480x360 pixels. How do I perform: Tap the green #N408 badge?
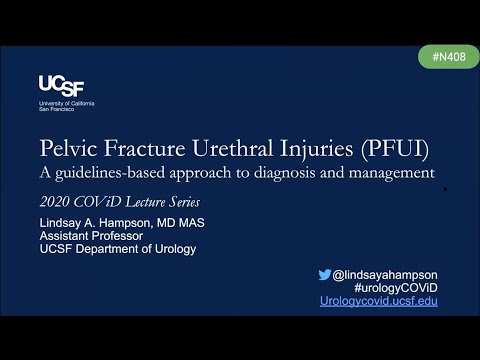click(x=447, y=57)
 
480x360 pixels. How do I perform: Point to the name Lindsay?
click(x=63, y=223)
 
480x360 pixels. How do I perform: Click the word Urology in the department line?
click(x=174, y=249)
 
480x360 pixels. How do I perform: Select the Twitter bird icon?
click(x=324, y=274)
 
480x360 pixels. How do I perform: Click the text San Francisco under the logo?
click(x=56, y=109)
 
